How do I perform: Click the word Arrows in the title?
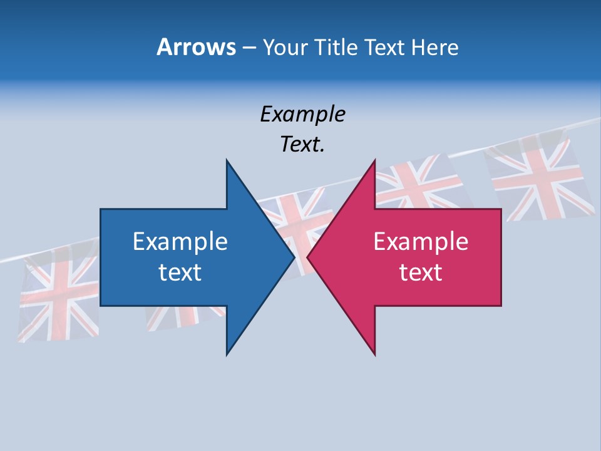click(x=197, y=47)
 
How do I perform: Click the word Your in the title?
click(x=285, y=47)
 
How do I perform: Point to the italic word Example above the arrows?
click(x=302, y=115)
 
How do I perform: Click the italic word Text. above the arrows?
click(x=302, y=144)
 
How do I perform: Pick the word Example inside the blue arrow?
click(x=180, y=242)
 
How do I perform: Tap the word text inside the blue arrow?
click(x=180, y=272)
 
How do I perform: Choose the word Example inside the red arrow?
click(x=421, y=242)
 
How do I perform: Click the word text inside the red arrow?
click(x=421, y=272)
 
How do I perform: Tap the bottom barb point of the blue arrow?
click(x=227, y=354)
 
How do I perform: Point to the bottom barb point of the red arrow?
click(x=374, y=354)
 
